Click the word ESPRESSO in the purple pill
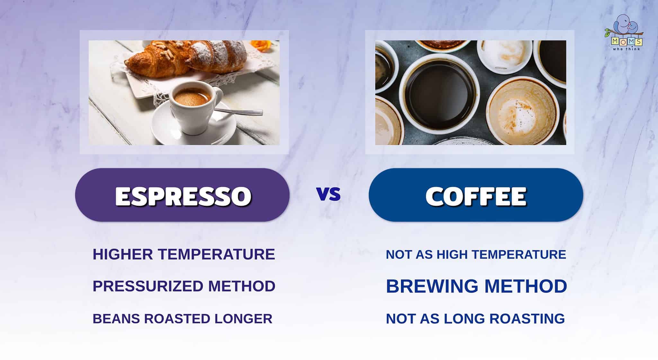[x=183, y=196]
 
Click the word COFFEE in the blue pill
[x=476, y=196]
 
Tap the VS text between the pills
[x=328, y=194]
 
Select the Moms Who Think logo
[x=627, y=34]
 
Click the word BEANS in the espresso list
[x=116, y=319]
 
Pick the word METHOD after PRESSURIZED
[x=242, y=286]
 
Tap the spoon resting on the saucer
[x=241, y=112]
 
